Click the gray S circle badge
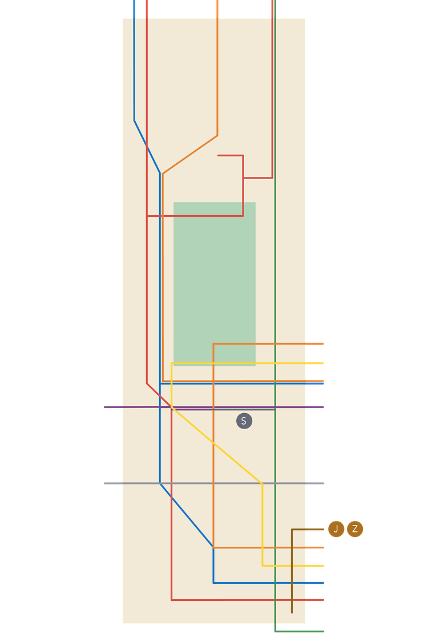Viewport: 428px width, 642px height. [x=244, y=421]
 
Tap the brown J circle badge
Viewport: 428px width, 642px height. [x=336, y=529]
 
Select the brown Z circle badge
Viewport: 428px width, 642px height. [x=355, y=529]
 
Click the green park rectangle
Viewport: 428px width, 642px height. [x=215, y=284]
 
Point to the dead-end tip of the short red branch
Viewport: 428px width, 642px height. [x=219, y=155]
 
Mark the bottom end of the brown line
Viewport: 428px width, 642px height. [x=292, y=612]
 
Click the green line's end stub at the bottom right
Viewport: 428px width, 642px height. [x=322, y=632]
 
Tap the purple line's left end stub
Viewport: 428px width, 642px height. [x=105, y=407]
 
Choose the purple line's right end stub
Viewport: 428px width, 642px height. [x=322, y=407]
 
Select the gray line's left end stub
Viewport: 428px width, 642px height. [x=104, y=483]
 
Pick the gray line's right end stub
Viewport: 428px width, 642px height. [x=323, y=483]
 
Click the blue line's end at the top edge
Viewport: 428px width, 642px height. [x=134, y=2]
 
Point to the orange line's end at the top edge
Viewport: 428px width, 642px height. [x=217, y=2]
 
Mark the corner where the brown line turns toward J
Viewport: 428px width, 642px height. [x=292, y=530]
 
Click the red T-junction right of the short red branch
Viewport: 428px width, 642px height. [x=243, y=178]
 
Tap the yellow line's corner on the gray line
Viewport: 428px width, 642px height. [x=262, y=483]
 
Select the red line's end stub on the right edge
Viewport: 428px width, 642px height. [x=322, y=600]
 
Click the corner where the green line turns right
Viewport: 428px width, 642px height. [x=275, y=632]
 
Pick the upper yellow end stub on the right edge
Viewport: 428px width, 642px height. [x=322, y=363]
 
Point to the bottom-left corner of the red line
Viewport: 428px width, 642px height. [x=172, y=600]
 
